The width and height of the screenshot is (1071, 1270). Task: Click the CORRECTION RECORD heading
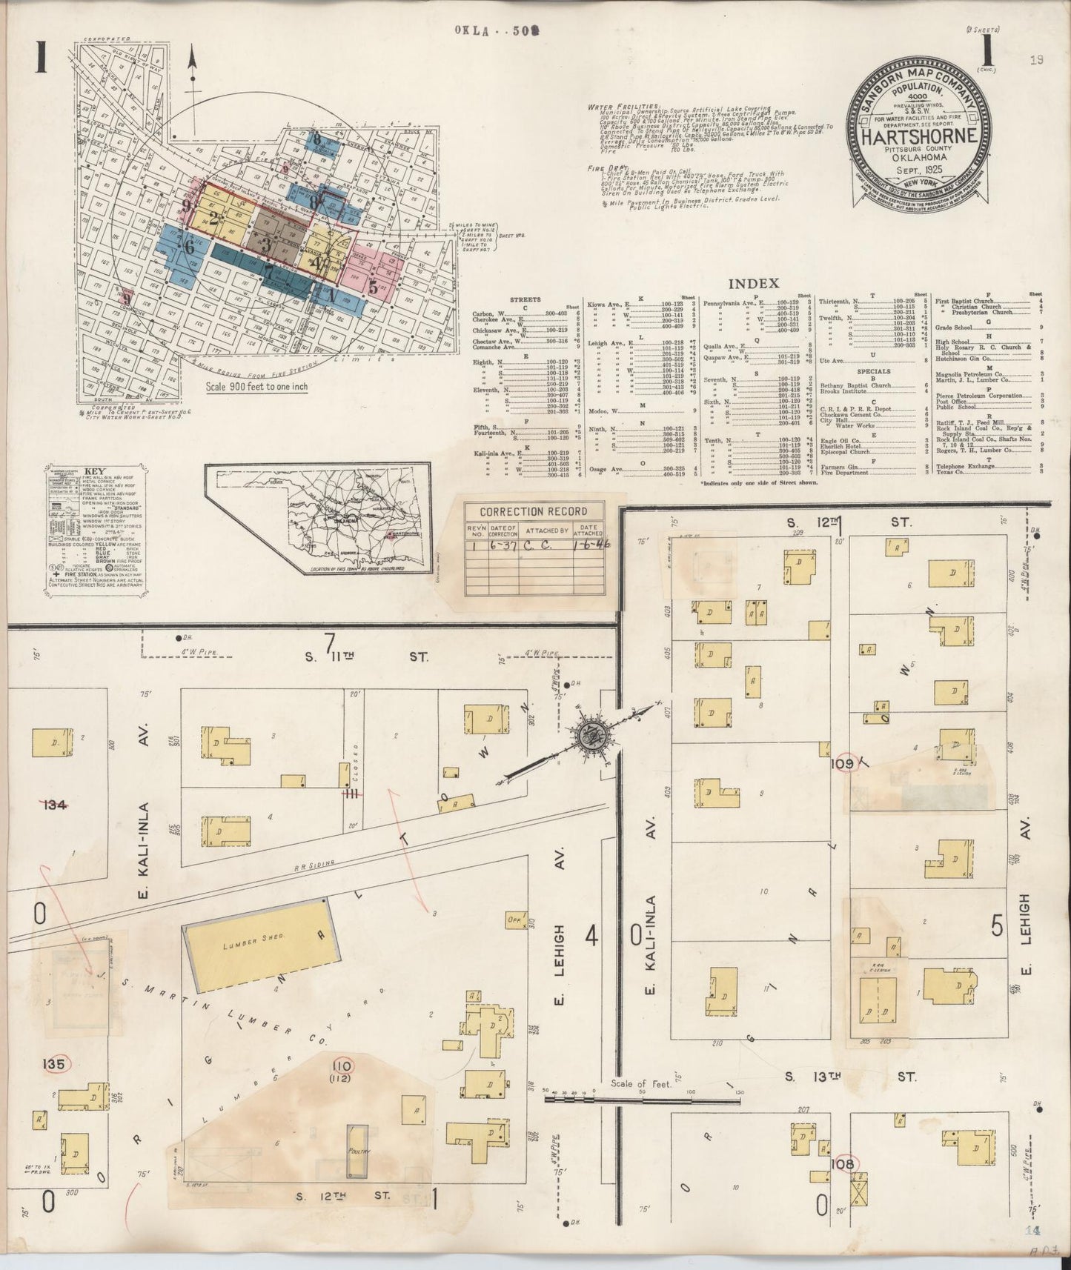tap(534, 511)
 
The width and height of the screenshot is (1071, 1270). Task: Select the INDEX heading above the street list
tap(753, 284)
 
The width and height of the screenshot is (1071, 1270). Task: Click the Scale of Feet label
tap(640, 1083)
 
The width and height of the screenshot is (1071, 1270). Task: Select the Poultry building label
tap(358, 1152)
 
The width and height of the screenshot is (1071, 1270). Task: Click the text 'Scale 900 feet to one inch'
tap(257, 386)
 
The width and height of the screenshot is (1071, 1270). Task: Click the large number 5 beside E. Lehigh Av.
tap(998, 925)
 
